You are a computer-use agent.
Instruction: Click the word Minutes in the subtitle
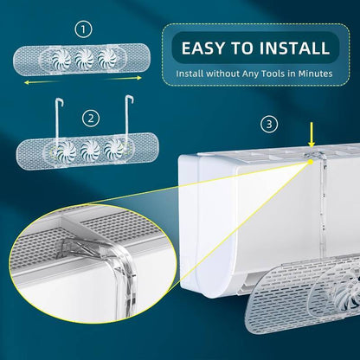click(x=311, y=74)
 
